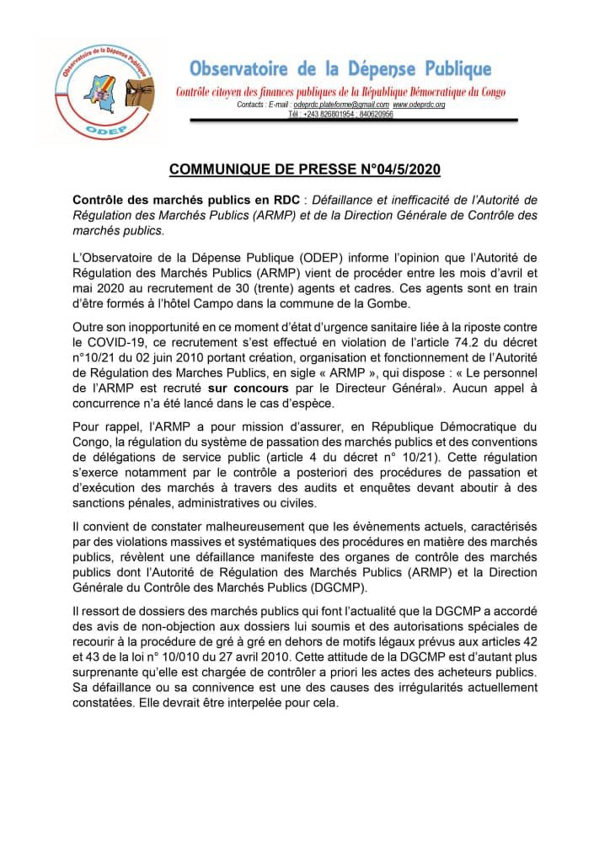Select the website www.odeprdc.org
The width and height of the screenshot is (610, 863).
[x=419, y=104]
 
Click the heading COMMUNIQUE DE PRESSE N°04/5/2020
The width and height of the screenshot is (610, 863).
[x=305, y=169]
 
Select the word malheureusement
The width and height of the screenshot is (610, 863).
[x=257, y=526]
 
